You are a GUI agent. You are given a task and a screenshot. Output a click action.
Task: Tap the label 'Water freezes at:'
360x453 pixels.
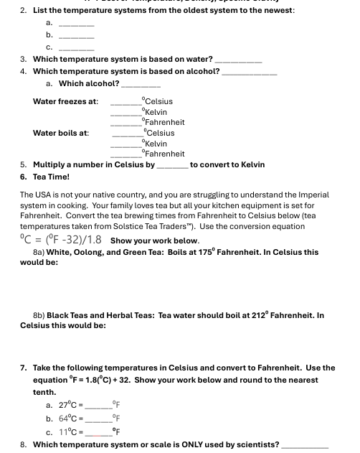click(65, 101)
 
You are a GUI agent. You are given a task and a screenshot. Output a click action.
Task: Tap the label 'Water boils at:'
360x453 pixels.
click(61, 133)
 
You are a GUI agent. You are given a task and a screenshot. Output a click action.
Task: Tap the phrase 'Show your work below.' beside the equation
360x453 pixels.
click(154, 241)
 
